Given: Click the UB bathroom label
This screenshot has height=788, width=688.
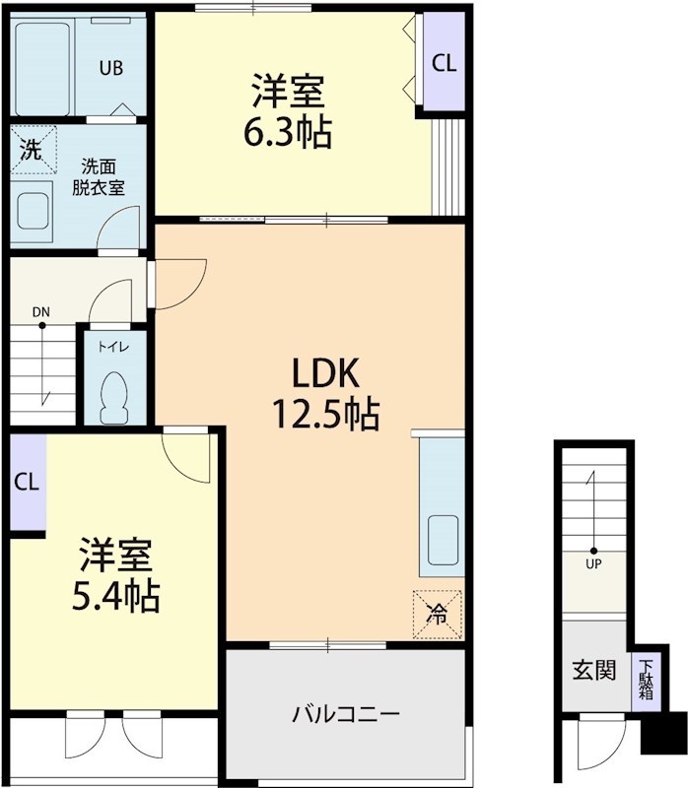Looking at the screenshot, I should [x=110, y=68].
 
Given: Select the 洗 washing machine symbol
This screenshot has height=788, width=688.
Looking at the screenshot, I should [x=33, y=151].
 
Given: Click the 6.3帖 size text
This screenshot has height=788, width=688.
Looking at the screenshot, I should [x=288, y=131].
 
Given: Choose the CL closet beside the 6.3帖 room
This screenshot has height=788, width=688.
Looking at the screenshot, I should [x=444, y=63].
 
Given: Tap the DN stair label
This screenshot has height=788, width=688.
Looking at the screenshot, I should [x=40, y=314].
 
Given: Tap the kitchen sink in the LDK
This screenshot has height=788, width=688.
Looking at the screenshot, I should [x=441, y=542].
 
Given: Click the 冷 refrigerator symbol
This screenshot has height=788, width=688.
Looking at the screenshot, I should [x=437, y=613].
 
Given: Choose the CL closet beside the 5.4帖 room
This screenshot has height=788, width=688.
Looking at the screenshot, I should [x=27, y=483].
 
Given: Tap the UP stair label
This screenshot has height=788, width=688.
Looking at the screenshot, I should [x=593, y=564].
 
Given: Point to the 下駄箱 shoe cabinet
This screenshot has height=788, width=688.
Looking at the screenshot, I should [x=646, y=680].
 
